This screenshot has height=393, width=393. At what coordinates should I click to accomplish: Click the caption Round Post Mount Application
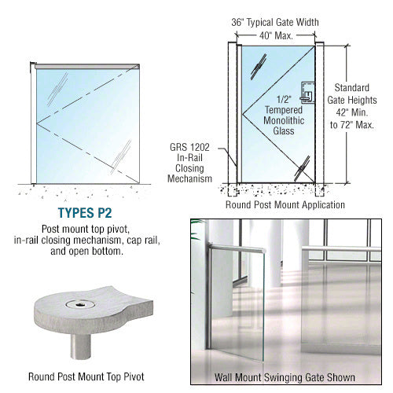pos(285,206)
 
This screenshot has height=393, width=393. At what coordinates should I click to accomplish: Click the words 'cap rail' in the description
pos(146,241)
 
